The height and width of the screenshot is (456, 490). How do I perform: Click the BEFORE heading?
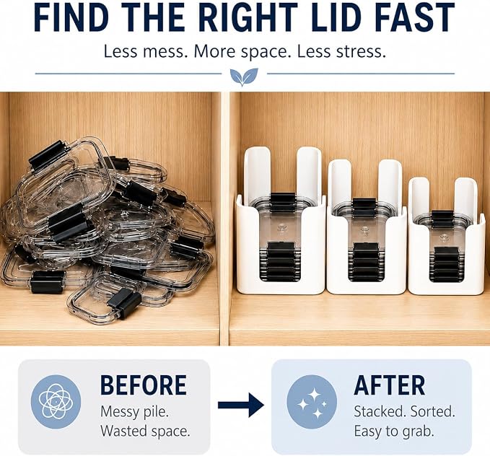pyautogui.click(x=144, y=385)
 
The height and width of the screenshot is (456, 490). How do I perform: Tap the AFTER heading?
pyautogui.click(x=390, y=385)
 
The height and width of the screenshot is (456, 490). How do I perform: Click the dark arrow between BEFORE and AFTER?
pyautogui.click(x=240, y=405)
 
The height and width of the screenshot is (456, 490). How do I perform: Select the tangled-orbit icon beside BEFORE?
pyautogui.click(x=56, y=402)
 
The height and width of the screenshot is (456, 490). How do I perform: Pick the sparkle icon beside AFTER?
pyautogui.click(x=312, y=402)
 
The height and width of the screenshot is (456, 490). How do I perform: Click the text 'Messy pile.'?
pyautogui.click(x=134, y=411)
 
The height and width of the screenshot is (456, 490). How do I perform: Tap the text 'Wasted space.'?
pyautogui.click(x=145, y=431)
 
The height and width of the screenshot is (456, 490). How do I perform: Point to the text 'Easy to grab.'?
pyautogui.click(x=394, y=431)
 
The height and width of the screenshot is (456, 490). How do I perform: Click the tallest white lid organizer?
pyautogui.click(x=281, y=221)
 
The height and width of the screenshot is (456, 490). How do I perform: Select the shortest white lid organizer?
pyautogui.click(x=446, y=236)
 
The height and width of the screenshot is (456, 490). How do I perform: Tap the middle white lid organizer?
pyautogui.click(x=367, y=227)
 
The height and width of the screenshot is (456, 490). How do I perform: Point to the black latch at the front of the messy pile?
pyautogui.click(x=124, y=303)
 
